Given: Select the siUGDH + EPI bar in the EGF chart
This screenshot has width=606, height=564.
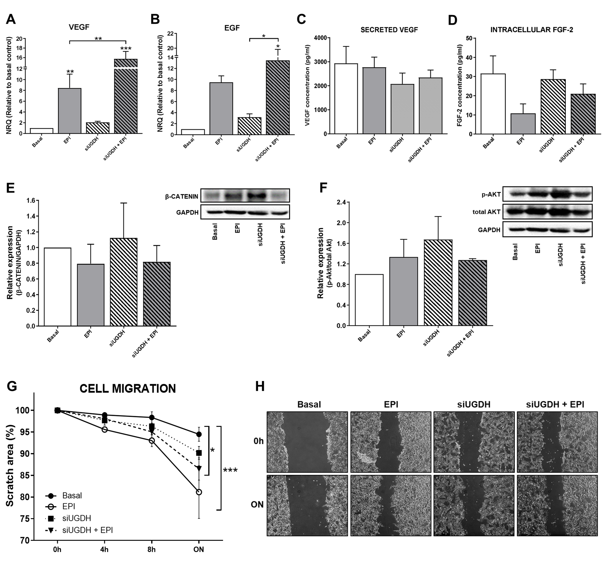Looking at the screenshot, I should [278, 97].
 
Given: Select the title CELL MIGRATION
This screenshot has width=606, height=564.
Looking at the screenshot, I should [128, 389].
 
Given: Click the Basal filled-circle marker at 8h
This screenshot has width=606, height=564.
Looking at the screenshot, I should [151, 417].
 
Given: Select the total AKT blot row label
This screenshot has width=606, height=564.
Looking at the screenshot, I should [486, 212].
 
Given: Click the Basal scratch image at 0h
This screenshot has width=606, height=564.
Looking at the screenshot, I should [307, 442].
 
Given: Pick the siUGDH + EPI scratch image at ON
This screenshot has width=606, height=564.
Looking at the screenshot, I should [557, 505].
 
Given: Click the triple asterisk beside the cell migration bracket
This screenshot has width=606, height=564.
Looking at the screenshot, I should [230, 470].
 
